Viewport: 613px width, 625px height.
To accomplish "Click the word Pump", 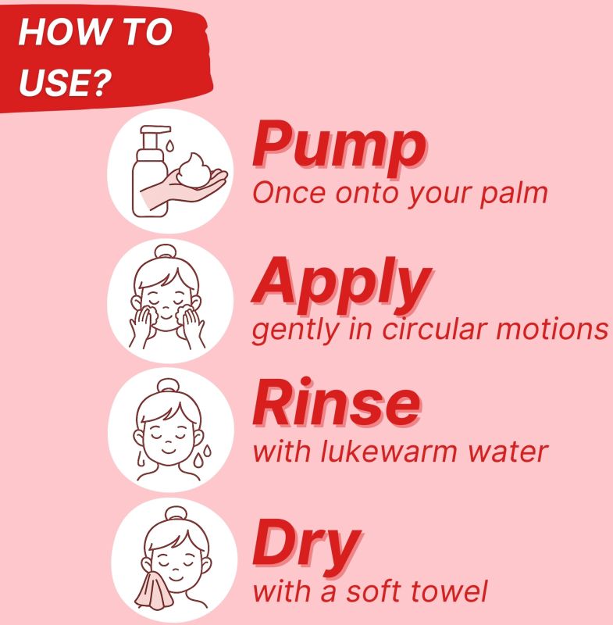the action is [340, 148].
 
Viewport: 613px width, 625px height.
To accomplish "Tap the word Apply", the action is [342, 286].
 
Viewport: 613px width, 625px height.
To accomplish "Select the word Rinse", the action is [337, 402].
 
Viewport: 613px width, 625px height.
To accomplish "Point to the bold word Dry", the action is [307, 548].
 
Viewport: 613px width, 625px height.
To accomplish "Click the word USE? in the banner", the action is [65, 82].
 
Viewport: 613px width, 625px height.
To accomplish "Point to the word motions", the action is [552, 330].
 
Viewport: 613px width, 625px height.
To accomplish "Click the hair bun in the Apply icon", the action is [166, 252].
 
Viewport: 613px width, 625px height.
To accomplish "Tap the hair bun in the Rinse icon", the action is [168, 386].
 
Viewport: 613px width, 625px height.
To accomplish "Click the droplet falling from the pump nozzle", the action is [170, 145].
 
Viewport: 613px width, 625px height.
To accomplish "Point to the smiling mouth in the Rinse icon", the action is [169, 451].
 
